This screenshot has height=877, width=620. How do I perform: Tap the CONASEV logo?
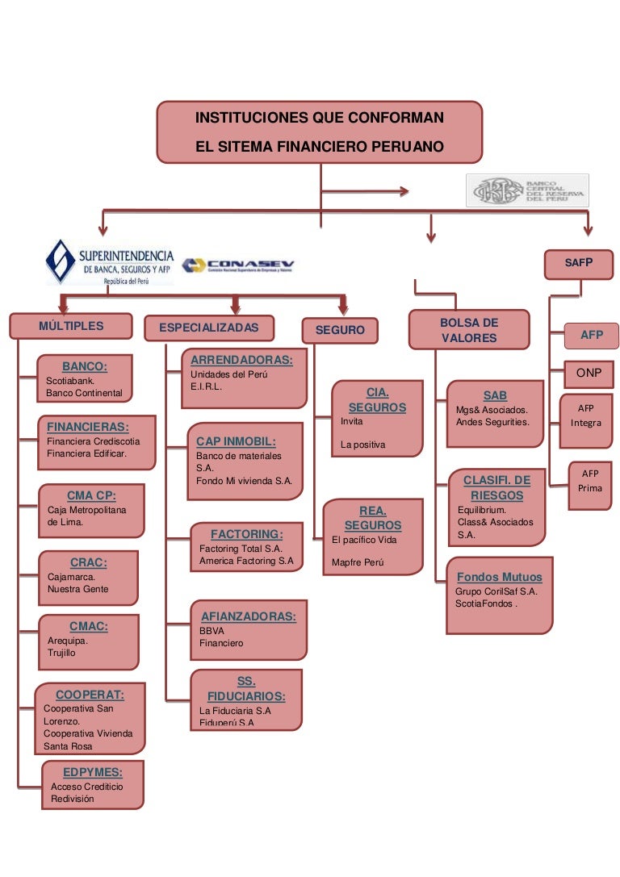238,265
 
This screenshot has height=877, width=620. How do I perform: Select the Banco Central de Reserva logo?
527,191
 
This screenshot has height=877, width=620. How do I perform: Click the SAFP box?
579,263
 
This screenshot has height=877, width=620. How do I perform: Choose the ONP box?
589,373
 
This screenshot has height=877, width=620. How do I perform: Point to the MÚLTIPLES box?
71,326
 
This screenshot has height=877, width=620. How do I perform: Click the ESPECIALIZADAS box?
209,328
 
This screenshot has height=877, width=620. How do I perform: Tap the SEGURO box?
340,330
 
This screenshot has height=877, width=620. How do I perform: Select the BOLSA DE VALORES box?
469,330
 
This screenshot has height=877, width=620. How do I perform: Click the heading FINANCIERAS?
88,427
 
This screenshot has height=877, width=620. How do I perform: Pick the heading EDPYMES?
93,771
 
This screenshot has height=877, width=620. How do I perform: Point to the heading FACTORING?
246,534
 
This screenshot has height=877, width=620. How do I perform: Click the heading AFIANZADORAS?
249,616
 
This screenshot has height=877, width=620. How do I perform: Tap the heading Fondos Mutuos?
499,577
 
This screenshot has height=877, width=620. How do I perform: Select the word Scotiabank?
70,380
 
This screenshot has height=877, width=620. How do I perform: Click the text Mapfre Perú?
353,562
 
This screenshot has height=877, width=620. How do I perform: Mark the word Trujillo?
61,653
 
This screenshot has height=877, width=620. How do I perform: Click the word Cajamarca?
71,577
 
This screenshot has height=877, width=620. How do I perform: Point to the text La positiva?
363,445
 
